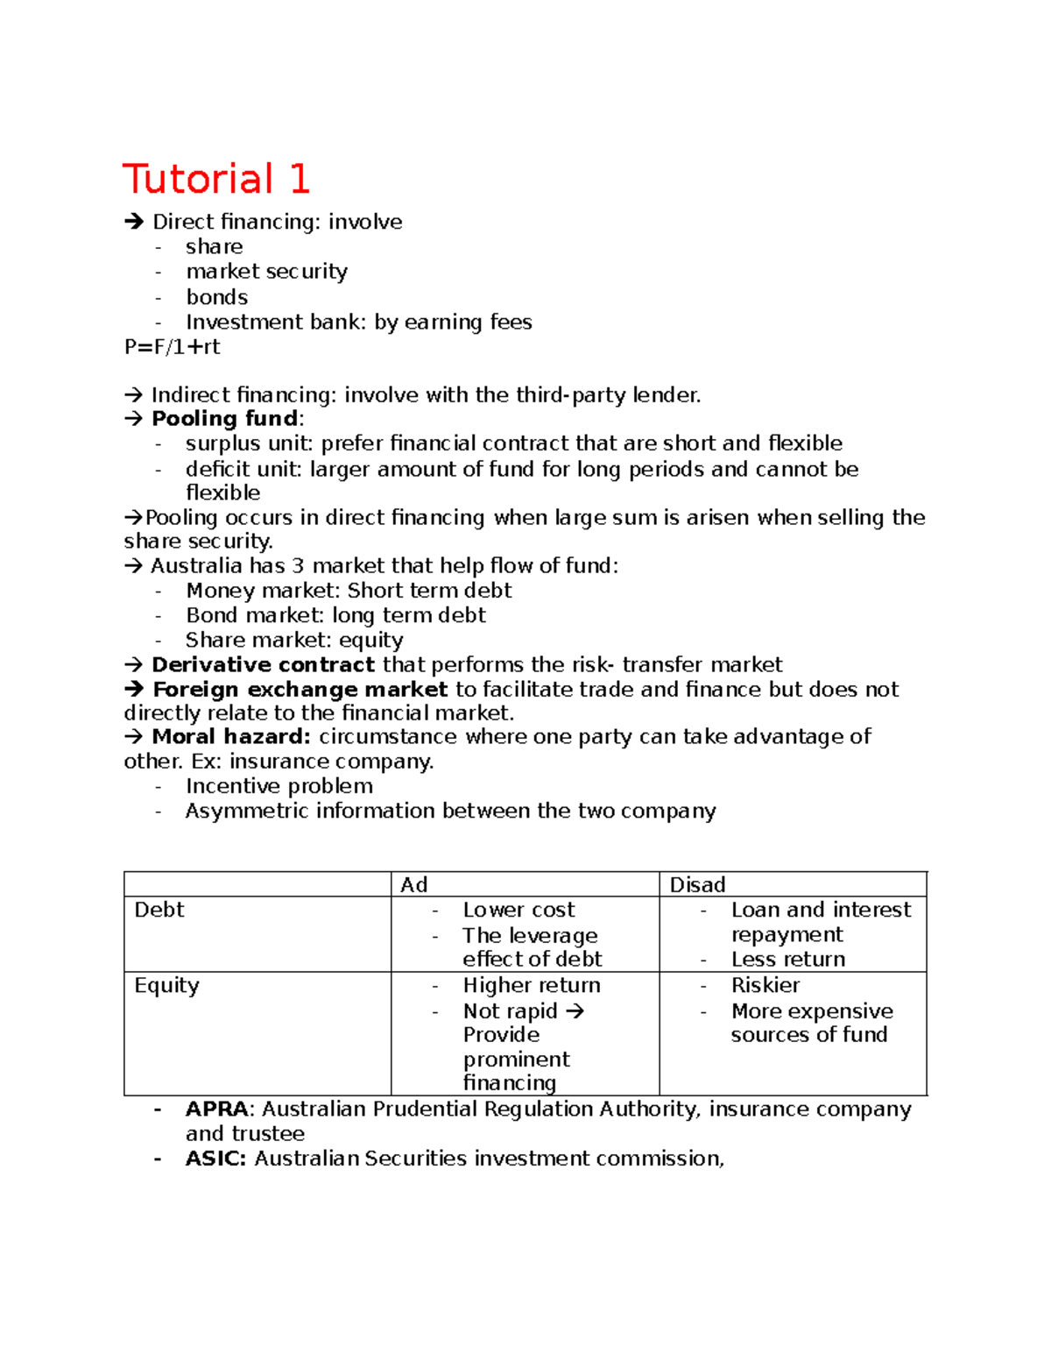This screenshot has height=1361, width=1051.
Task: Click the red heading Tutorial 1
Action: click(x=216, y=180)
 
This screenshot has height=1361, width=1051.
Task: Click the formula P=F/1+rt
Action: click(x=172, y=347)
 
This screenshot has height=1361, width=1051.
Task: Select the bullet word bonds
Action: click(x=216, y=297)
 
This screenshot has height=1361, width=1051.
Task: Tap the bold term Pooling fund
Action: click(x=225, y=419)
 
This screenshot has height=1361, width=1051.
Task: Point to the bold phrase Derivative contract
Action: click(x=263, y=665)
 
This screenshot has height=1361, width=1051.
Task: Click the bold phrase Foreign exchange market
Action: click(x=300, y=690)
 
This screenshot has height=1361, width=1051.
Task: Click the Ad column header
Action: click(x=413, y=885)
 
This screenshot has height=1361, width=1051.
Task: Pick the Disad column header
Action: click(x=697, y=885)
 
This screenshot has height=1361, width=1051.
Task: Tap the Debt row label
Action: click(x=159, y=911)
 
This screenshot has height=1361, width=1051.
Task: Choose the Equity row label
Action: click(x=166, y=986)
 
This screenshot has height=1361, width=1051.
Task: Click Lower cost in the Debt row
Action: click(x=518, y=911)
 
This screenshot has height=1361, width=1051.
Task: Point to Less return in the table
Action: click(x=788, y=960)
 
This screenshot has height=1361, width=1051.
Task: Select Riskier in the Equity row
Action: click(x=765, y=986)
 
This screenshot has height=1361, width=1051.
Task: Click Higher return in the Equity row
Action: click(x=532, y=986)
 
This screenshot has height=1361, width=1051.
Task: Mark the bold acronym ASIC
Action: click(x=215, y=1159)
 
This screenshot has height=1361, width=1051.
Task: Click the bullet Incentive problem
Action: click(x=279, y=786)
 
